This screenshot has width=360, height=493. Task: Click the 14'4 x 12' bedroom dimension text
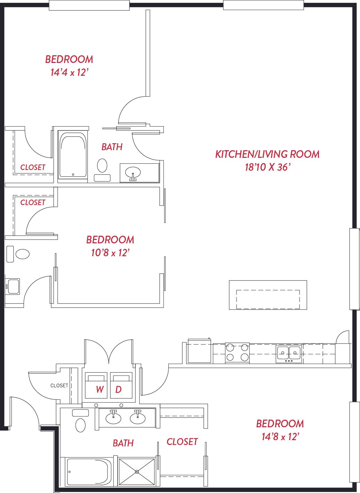click(69, 72)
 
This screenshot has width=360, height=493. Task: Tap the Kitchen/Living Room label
click(267, 154)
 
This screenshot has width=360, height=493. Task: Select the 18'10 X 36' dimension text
click(267, 167)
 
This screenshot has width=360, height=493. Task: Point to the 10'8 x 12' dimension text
click(110, 253)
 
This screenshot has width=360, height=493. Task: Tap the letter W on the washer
click(100, 389)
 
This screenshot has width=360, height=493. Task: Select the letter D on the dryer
click(119, 389)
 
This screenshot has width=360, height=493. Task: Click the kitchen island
click(268, 295)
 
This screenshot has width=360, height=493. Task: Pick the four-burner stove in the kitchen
click(237, 353)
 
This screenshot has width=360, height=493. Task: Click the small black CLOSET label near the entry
click(59, 385)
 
